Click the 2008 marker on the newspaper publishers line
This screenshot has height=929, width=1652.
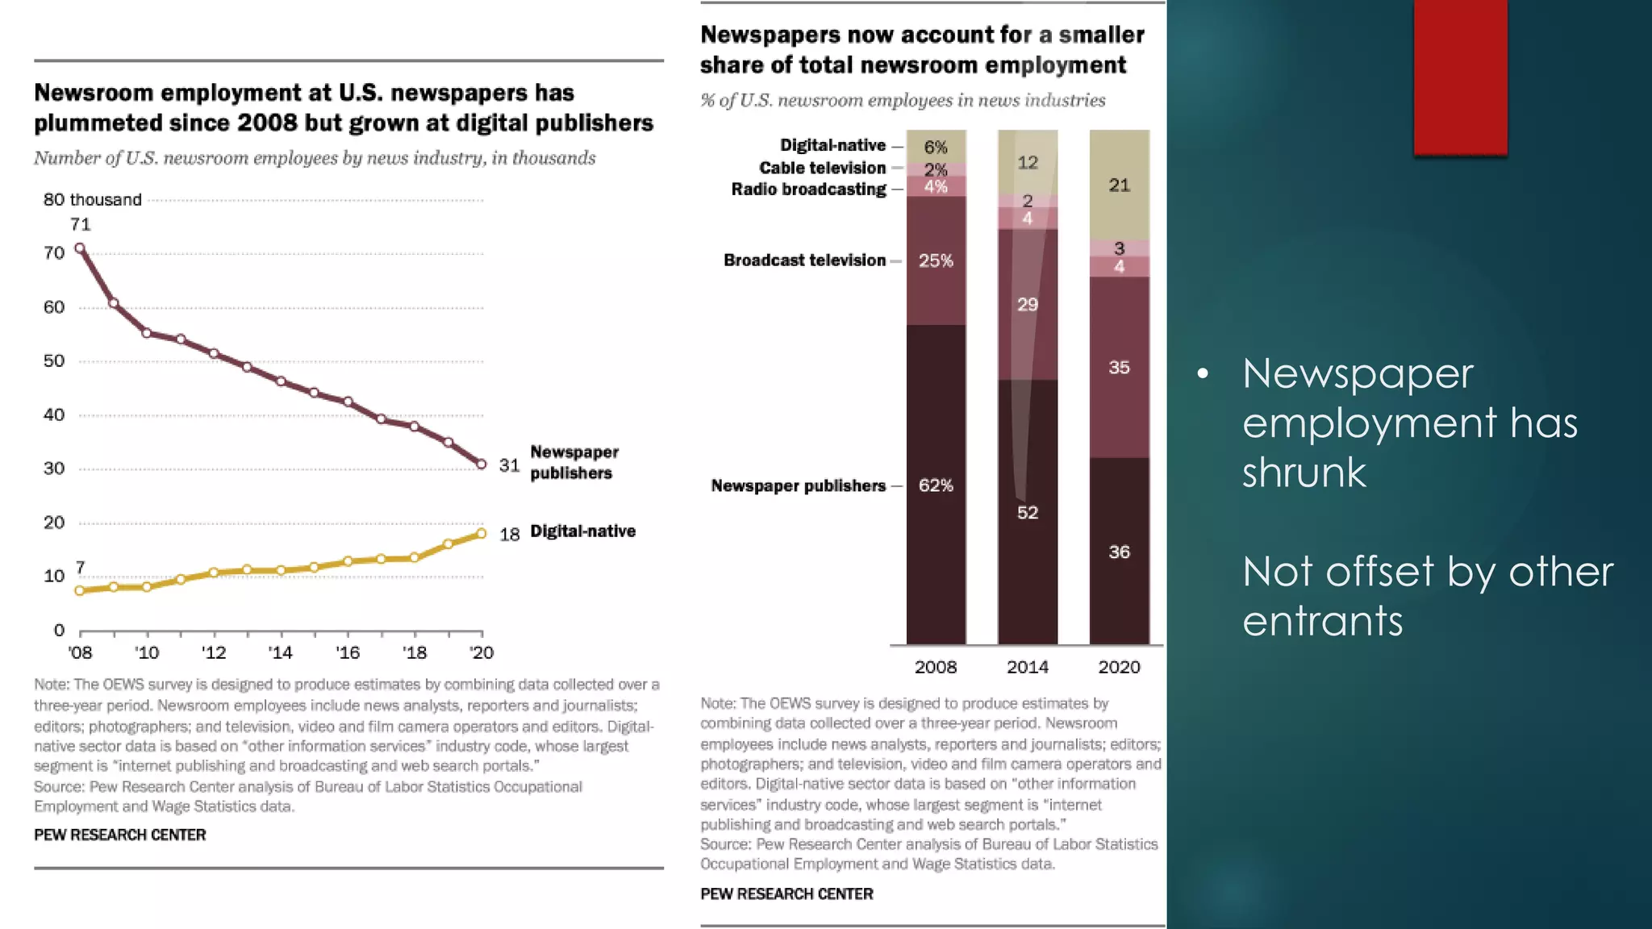point(80,248)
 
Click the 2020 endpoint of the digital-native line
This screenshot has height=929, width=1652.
point(482,533)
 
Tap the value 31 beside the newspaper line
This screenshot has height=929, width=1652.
point(509,465)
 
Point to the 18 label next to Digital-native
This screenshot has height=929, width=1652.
point(509,535)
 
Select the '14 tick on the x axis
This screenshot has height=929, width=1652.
point(280,652)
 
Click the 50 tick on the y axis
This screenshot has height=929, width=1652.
point(54,361)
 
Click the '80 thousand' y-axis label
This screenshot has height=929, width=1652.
point(92,199)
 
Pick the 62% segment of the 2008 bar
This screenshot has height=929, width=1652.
point(936,485)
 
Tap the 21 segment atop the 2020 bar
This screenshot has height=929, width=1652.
point(1119,185)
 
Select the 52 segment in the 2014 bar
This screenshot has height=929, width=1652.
point(1027,513)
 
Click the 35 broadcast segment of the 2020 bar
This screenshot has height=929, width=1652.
point(1119,368)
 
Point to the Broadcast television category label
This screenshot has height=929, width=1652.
point(804,260)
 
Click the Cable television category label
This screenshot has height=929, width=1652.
point(822,168)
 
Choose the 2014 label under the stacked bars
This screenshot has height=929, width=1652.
point(1027,667)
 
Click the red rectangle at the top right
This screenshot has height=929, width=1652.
point(1460,77)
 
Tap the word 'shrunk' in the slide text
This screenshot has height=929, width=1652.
point(1304,473)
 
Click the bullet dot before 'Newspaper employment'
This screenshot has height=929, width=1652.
point(1203,373)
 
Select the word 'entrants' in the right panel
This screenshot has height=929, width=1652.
point(1322,621)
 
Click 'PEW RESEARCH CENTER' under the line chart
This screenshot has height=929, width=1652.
point(119,835)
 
